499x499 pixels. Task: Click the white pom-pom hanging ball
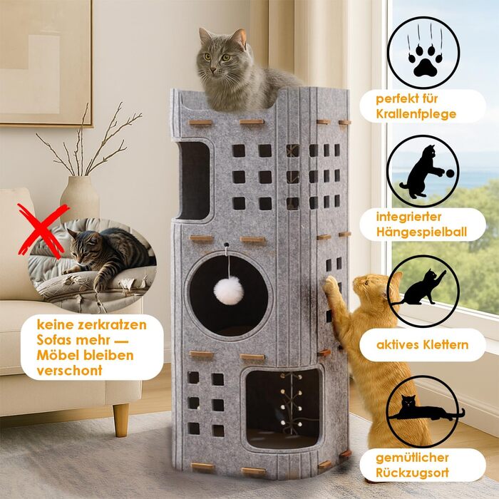229,289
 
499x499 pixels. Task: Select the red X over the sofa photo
43,230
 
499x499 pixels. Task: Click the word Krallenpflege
417,114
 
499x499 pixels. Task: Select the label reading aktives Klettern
423,345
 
